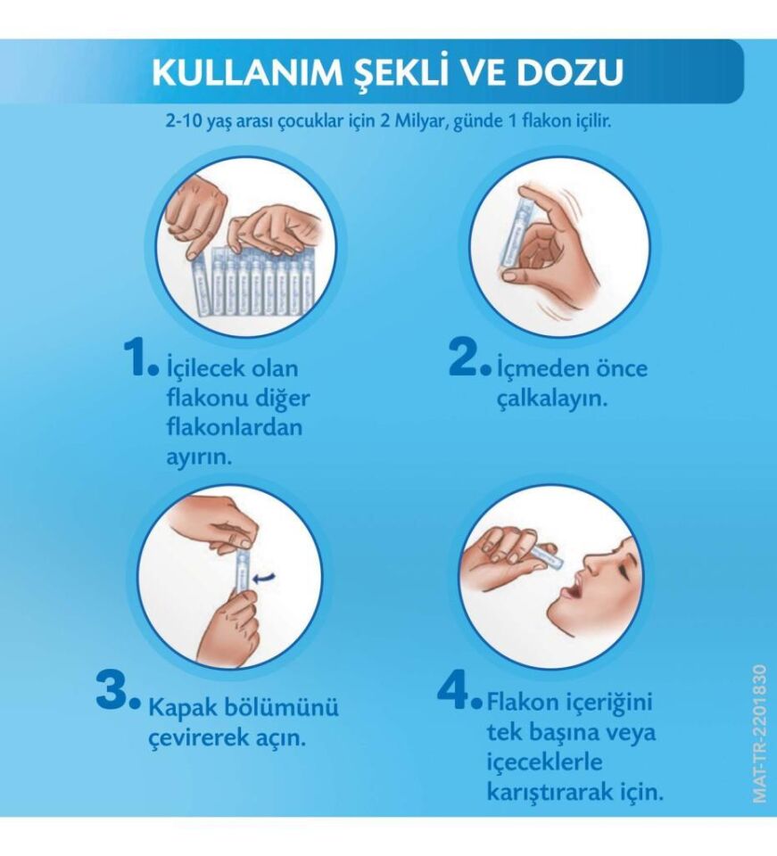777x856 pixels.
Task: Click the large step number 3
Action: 115,692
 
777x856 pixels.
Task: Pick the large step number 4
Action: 456,690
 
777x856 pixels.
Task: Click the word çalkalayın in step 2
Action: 552,399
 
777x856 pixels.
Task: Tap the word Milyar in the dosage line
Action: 419,122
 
